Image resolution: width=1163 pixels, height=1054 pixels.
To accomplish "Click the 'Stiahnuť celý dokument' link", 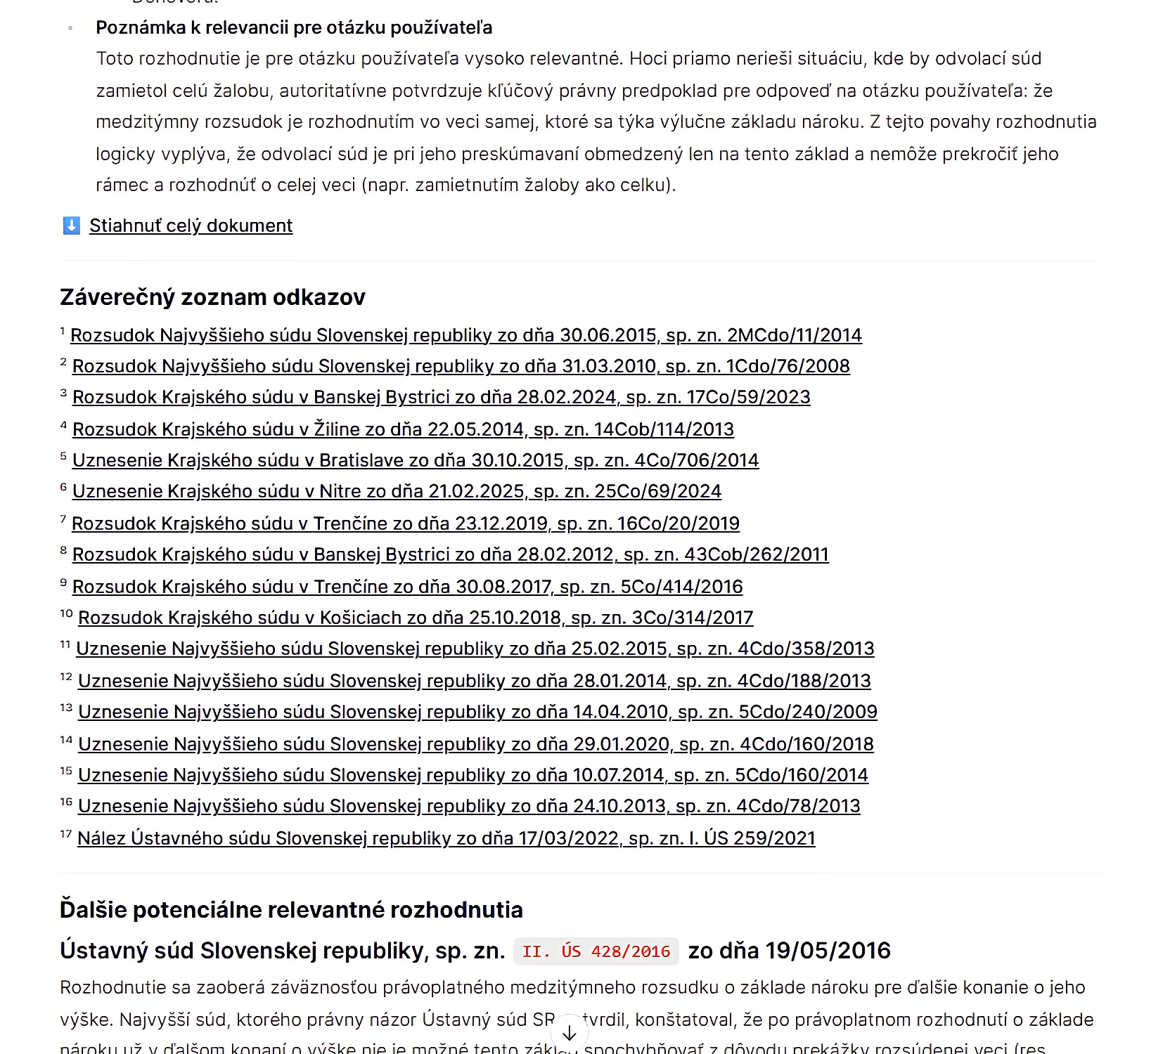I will pyautogui.click(x=191, y=226).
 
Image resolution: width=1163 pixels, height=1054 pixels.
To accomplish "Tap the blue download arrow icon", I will pyautogui.click(x=71, y=226).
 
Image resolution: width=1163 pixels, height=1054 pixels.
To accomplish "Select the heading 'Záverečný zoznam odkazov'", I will pyautogui.click(x=212, y=297).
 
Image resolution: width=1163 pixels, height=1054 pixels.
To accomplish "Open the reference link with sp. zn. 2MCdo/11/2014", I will pyautogui.click(x=465, y=335).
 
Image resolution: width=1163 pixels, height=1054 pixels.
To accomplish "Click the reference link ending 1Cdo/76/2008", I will pyautogui.click(x=461, y=366).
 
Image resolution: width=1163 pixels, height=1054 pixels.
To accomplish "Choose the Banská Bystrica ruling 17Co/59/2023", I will pyautogui.click(x=441, y=397).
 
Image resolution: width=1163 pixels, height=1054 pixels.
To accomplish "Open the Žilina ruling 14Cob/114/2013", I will pyautogui.click(x=403, y=429).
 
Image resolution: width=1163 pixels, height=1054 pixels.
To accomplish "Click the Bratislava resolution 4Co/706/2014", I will pyautogui.click(x=415, y=460).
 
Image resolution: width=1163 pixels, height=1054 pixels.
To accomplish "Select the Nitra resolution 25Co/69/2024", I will pyautogui.click(x=397, y=491).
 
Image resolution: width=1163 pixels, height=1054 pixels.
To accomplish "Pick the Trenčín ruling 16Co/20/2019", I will pyautogui.click(x=405, y=523).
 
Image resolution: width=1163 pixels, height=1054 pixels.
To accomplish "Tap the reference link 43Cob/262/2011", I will pyautogui.click(x=450, y=554).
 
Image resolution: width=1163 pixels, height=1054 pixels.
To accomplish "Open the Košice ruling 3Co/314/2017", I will pyautogui.click(x=415, y=618).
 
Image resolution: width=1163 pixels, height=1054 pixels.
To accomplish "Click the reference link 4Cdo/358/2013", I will pyautogui.click(x=475, y=649).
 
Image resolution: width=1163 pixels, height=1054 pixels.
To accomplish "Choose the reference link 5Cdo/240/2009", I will pyautogui.click(x=477, y=712).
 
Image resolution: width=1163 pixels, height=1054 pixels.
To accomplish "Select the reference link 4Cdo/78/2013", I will pyautogui.click(x=469, y=806).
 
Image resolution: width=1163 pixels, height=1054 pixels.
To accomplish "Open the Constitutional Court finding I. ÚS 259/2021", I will pyautogui.click(x=446, y=838).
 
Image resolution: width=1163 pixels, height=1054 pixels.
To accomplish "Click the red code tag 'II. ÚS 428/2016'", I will pyautogui.click(x=596, y=951).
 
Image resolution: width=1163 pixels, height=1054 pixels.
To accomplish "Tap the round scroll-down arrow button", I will pyautogui.click(x=569, y=1034).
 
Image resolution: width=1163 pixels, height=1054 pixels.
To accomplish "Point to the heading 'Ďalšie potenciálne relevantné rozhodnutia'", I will pyautogui.click(x=291, y=910).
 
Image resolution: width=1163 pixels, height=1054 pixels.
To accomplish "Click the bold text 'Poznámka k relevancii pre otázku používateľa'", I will pyautogui.click(x=294, y=27).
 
